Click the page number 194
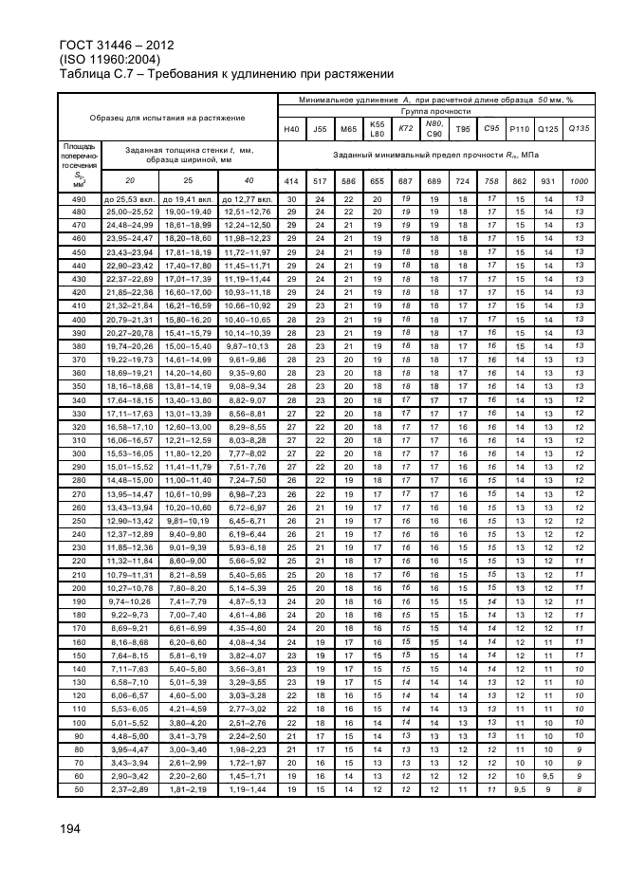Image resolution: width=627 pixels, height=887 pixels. [x=72, y=828]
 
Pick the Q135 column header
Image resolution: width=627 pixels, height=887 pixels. [x=579, y=129]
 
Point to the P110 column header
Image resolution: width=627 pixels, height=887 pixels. [x=519, y=129]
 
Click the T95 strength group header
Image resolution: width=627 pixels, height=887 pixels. [x=463, y=129]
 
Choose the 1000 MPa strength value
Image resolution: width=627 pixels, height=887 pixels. [x=579, y=180]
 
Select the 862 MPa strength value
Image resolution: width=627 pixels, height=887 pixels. [x=519, y=180]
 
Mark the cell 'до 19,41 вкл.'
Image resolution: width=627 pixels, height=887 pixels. [x=189, y=198]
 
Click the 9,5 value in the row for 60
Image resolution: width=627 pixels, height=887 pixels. [x=548, y=775]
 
